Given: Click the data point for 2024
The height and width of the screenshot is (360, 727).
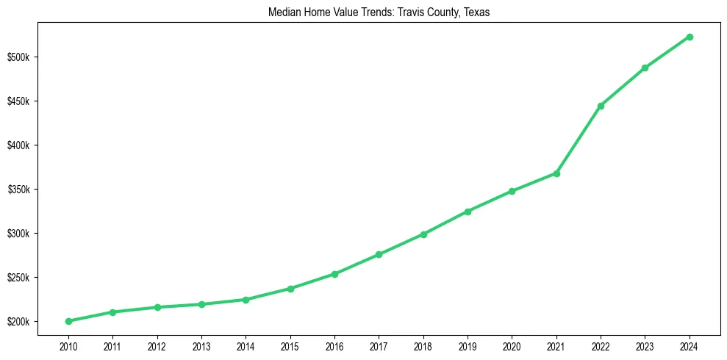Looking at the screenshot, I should pos(690,37).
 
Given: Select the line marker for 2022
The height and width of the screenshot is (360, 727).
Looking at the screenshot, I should pos(601,106).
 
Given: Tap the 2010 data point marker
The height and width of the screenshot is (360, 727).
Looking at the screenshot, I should pos(68,321).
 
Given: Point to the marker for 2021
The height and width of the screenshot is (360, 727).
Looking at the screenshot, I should pos(556,173).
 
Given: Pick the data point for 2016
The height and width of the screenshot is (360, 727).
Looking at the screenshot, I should pos(334,274).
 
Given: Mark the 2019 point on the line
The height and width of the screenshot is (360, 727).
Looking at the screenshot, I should pos(468,212).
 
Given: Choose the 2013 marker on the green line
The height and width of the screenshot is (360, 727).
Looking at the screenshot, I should pos(201,304).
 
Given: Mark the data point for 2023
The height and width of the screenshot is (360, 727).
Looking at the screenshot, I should pos(645,68).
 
